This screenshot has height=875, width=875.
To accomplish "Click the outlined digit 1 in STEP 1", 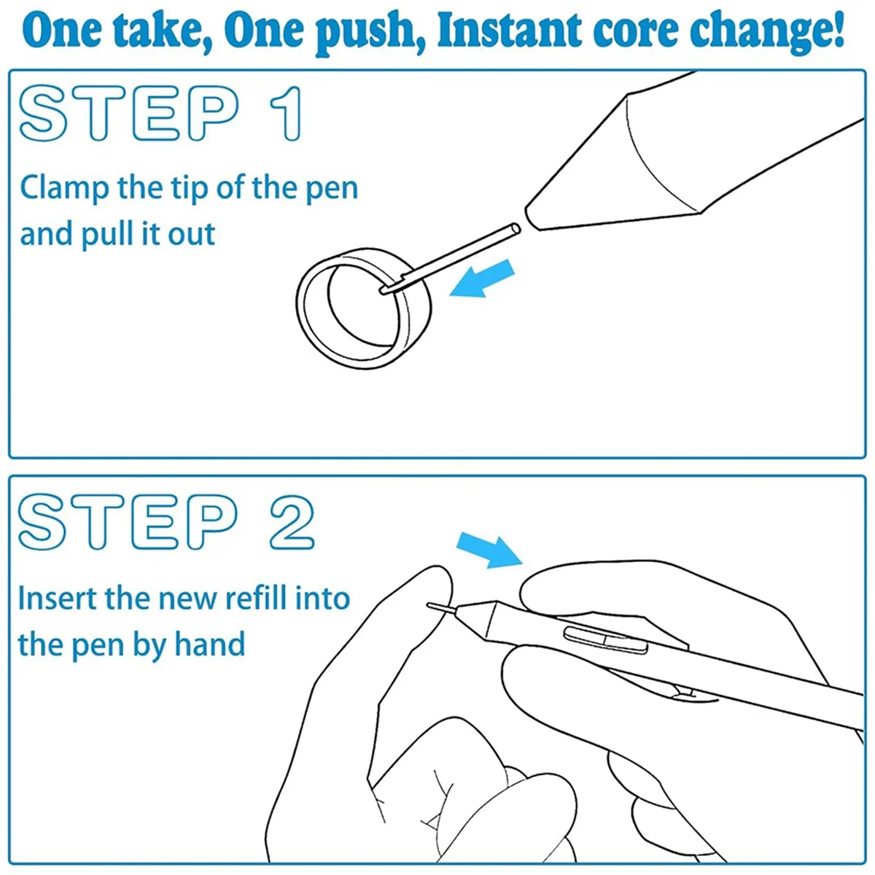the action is (286, 114).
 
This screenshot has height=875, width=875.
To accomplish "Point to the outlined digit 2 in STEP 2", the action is (292, 522).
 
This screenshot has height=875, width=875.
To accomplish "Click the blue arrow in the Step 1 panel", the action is (482, 279).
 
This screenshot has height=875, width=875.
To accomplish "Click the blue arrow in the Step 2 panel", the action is (491, 550).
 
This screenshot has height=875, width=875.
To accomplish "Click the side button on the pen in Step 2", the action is (605, 639).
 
